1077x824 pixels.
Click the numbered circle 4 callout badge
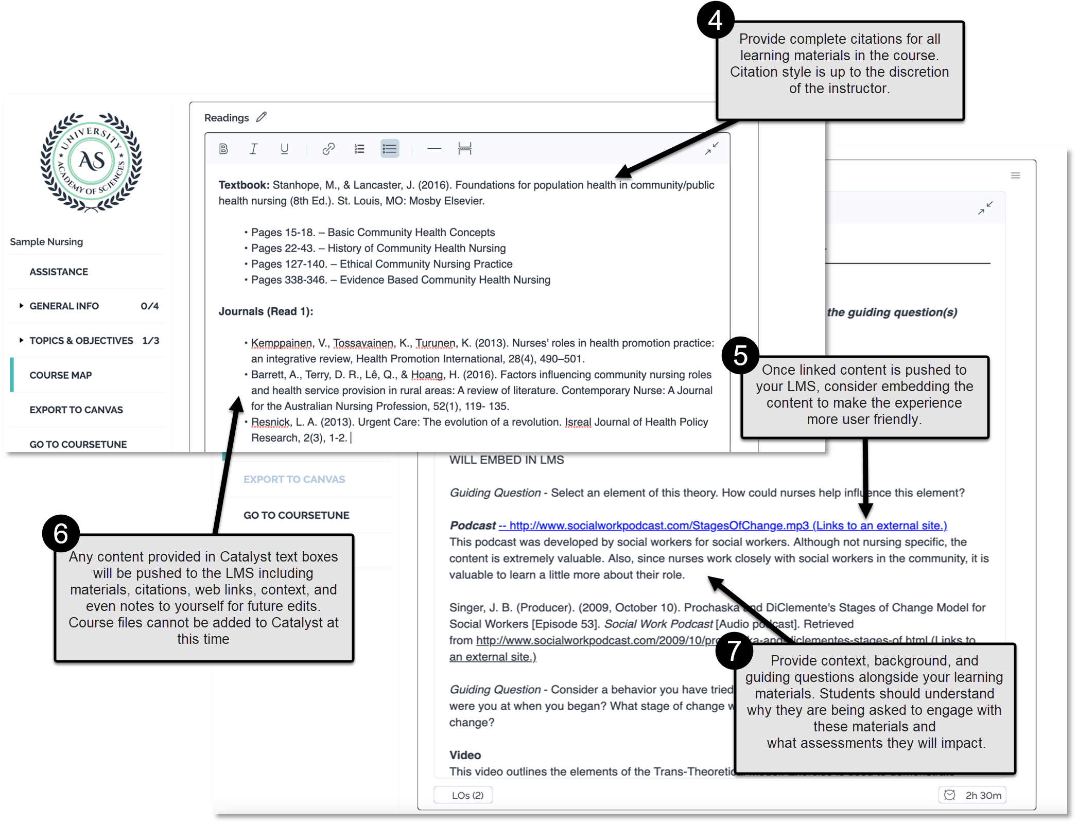715,20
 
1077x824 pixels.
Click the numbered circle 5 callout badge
740,355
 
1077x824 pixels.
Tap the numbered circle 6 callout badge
61,533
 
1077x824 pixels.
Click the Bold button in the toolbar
223,149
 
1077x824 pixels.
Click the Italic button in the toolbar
253,149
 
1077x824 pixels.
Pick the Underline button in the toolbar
284,149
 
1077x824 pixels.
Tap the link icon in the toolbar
328,149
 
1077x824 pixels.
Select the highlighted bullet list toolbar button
390,149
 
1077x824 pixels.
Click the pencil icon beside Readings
262,117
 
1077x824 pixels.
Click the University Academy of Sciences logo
92,162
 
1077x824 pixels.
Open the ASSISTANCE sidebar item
59,272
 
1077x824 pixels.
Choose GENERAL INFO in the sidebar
64,306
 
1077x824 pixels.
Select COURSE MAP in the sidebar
61,375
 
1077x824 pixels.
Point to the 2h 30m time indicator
972,795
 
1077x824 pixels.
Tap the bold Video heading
465,755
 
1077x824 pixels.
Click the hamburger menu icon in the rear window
1015,176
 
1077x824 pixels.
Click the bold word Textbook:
244,185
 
